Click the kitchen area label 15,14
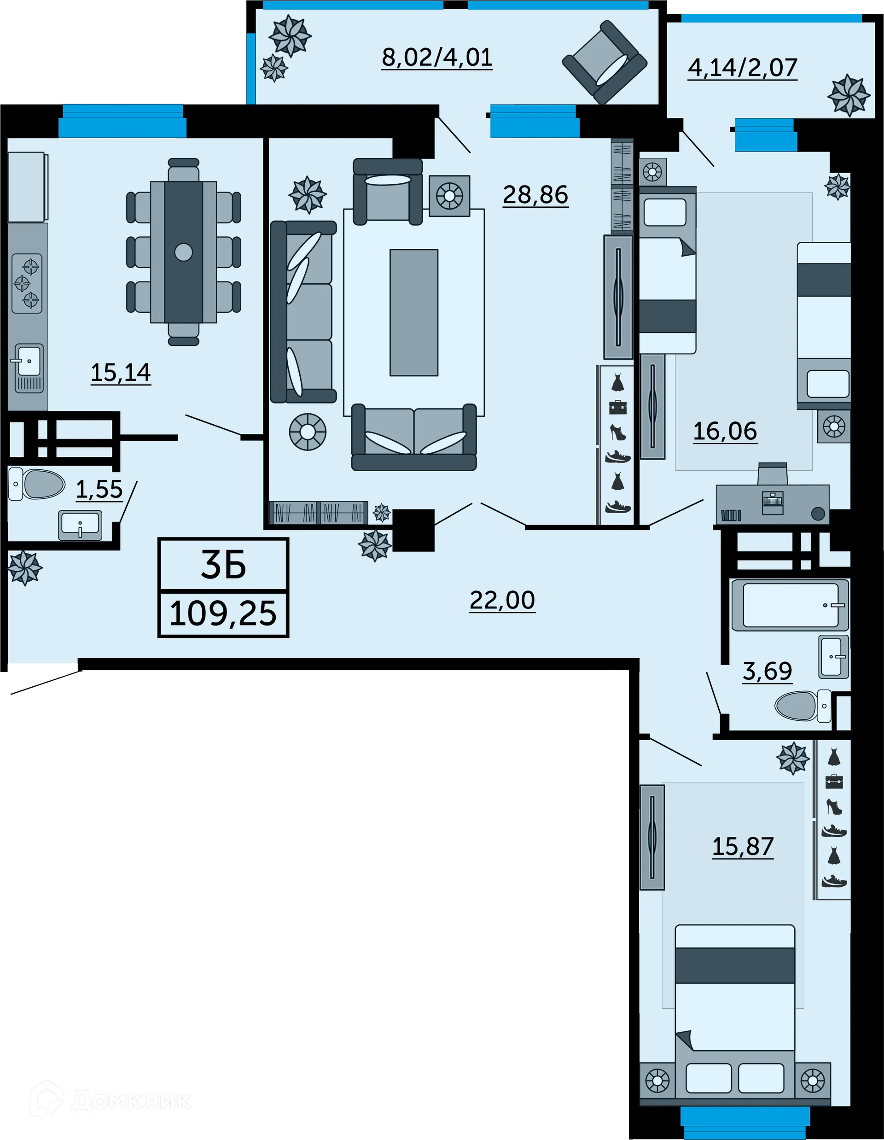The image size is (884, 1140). (121, 372)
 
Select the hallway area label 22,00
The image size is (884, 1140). (502, 600)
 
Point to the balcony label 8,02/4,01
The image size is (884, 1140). (437, 57)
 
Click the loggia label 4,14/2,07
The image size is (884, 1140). (743, 67)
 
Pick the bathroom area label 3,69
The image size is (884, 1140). (767, 671)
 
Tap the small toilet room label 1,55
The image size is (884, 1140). (99, 489)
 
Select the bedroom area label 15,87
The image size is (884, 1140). (743, 846)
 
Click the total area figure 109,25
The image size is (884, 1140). (223, 614)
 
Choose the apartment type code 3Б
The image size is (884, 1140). (223, 566)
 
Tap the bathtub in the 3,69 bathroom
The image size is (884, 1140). (790, 605)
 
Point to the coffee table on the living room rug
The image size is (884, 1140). (414, 312)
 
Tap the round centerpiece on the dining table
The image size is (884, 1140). (184, 252)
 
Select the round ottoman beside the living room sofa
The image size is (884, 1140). (308, 432)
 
